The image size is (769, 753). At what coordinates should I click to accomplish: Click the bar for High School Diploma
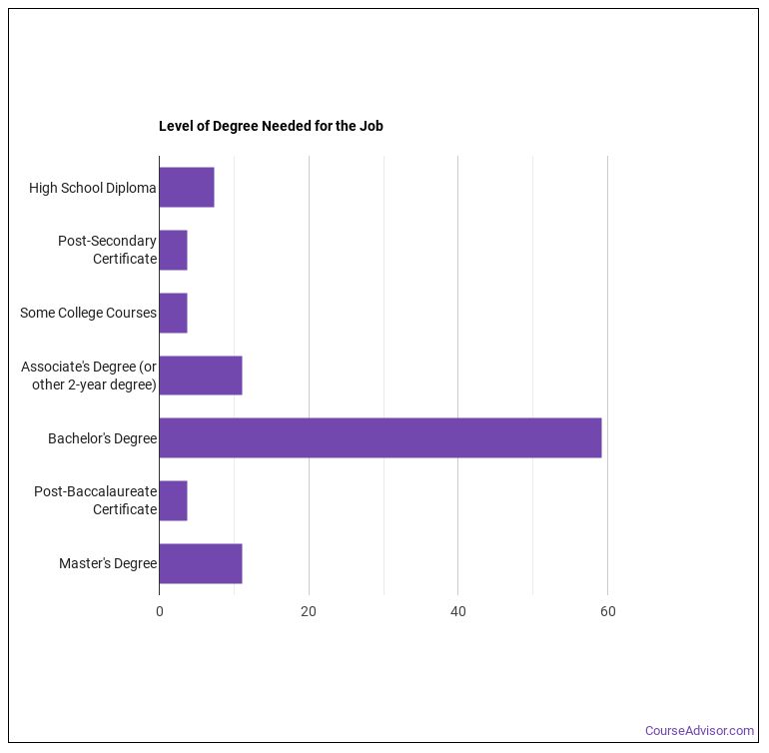point(187,188)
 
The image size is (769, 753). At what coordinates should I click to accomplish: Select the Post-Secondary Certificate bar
point(173,250)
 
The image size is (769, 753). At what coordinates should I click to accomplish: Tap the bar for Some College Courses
point(173,313)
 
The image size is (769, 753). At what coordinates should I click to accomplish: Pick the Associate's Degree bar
point(201,376)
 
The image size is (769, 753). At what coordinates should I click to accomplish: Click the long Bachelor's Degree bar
point(380,438)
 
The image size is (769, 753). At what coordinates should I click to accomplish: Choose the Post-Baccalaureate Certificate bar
point(173,500)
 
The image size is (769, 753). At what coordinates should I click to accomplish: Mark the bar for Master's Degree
point(201,563)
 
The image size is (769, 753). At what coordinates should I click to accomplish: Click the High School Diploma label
point(92,188)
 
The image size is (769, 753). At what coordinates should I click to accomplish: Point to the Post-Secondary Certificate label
point(107,250)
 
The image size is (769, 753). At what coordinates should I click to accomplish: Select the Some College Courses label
point(88,313)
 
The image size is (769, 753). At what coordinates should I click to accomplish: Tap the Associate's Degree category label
point(89,376)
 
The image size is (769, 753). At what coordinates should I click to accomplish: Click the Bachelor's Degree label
point(102,438)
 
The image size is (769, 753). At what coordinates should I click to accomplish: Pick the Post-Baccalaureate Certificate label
point(95,500)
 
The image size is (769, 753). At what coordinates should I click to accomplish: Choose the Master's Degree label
point(108,563)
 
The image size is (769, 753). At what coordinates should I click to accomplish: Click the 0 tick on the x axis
point(160,611)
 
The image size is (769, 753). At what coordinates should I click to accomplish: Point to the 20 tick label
point(309,611)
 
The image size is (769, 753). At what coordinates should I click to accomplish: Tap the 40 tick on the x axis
point(458,611)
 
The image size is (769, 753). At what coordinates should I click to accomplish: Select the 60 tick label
point(607,611)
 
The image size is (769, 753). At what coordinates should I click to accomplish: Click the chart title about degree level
point(271,126)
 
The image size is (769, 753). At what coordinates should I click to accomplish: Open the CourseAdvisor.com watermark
point(699,731)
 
